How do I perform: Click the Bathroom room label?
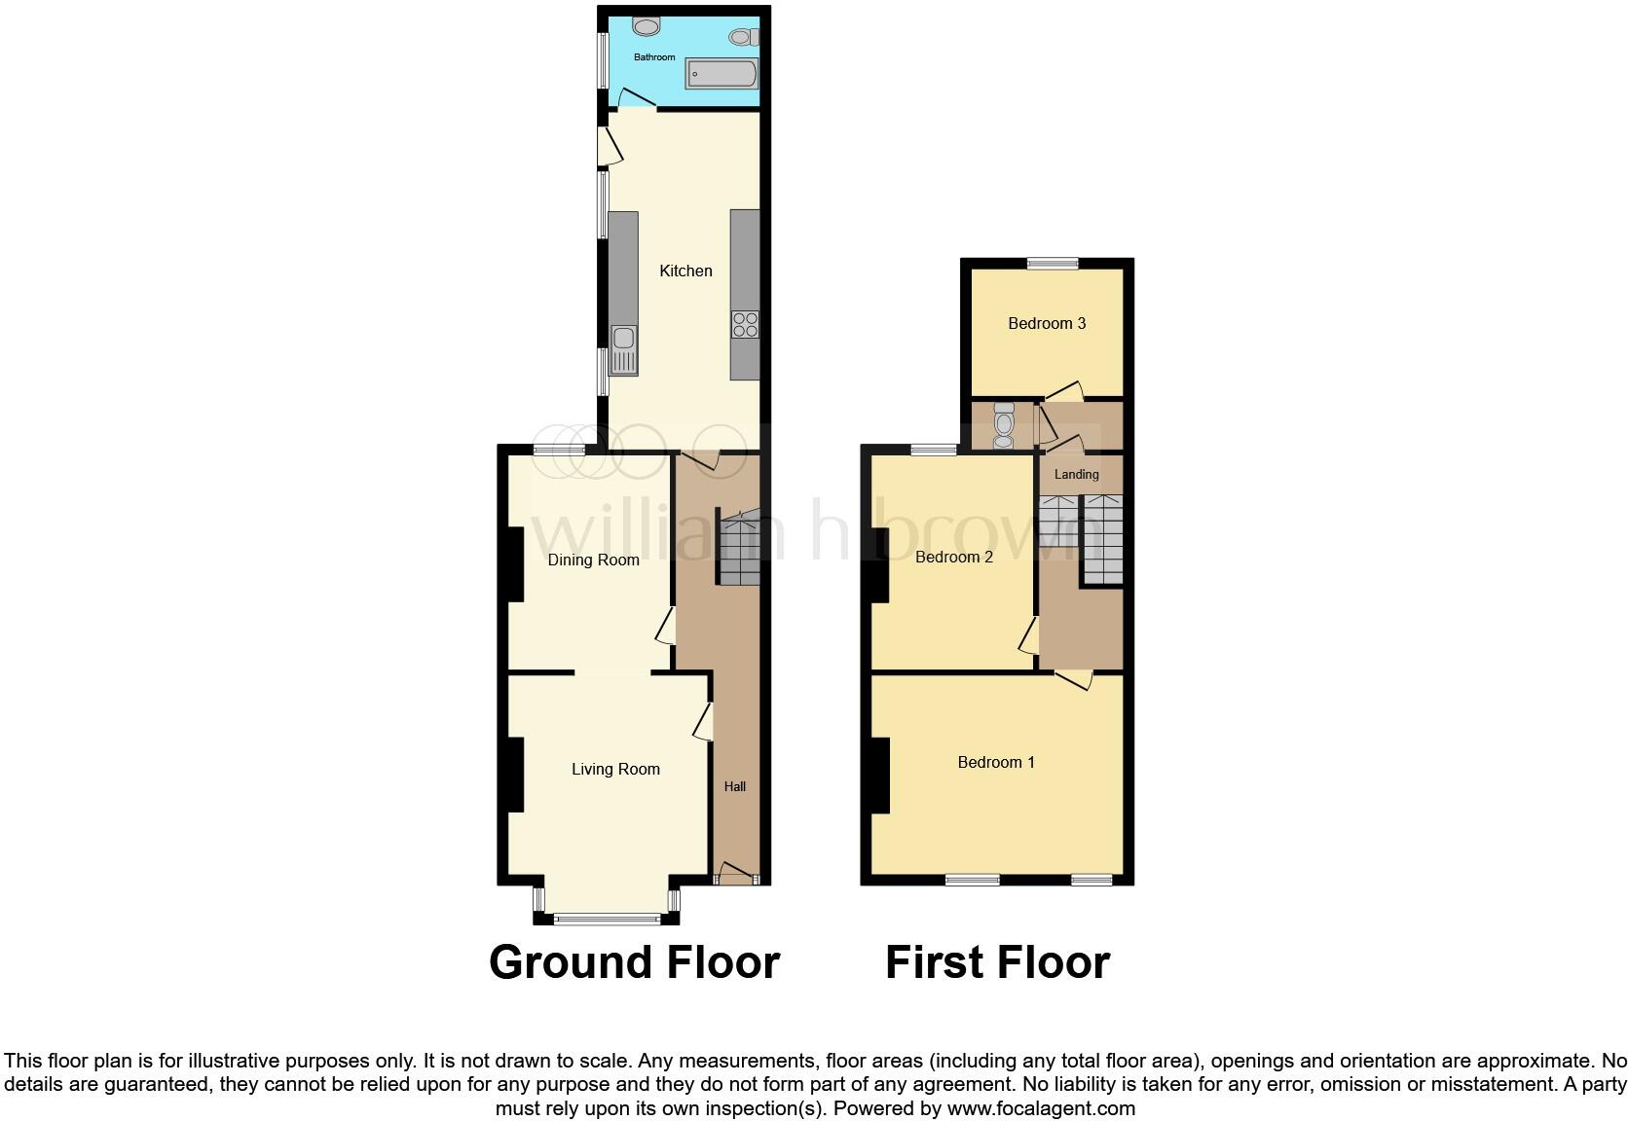click(654, 57)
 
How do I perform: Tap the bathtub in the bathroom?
click(721, 74)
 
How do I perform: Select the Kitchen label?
click(685, 271)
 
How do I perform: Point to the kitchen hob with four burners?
click(746, 324)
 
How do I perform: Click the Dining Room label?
click(593, 560)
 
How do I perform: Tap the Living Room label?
click(615, 769)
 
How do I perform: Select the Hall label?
click(735, 786)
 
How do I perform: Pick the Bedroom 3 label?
click(1047, 323)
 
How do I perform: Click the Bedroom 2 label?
click(954, 557)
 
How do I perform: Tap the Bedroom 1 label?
click(996, 762)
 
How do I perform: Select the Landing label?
click(1076, 474)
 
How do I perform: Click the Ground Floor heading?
click(634, 961)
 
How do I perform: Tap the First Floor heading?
click(997, 961)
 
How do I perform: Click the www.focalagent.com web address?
click(1041, 1107)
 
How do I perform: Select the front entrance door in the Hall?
click(737, 876)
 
